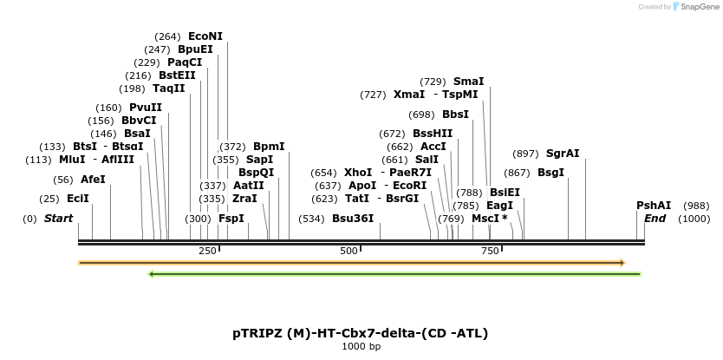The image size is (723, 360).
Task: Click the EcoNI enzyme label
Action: point(205,36)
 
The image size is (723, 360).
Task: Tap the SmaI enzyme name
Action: point(468,82)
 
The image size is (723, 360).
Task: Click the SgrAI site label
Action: point(563,154)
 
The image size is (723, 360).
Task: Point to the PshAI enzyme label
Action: point(654,206)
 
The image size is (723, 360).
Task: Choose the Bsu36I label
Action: point(353,219)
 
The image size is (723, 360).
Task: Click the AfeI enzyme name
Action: point(93,180)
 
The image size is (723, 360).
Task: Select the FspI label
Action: point(231,219)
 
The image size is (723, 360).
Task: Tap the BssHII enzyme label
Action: point(433,134)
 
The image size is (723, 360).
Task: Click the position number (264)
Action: point(167,36)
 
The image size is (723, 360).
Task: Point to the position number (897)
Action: point(526,154)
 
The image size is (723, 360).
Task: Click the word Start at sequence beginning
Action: point(58,219)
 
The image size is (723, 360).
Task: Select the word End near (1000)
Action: point(655,219)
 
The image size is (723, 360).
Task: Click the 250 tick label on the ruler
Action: point(207,251)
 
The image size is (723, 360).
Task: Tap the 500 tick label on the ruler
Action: point(348,251)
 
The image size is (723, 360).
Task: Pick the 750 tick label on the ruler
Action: point(490,251)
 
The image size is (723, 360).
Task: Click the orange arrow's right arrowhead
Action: point(622,262)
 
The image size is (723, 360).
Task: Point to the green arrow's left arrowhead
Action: point(152,274)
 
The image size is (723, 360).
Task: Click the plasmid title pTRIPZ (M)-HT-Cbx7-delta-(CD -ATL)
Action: point(360,332)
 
